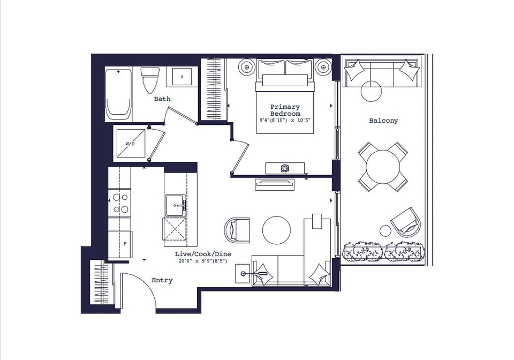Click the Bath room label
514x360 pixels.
point(162,99)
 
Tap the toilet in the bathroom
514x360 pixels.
point(150,80)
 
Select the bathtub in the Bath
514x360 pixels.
point(119,95)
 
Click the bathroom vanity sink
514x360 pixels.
point(182,77)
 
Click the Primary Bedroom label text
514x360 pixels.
point(285,110)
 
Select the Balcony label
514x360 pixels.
point(383,121)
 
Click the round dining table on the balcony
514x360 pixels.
point(383,167)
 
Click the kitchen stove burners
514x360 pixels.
point(120,203)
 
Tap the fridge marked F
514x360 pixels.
point(120,244)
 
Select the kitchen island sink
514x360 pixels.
point(176,205)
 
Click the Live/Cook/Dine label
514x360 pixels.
point(203,254)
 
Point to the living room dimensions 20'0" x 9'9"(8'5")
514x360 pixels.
point(203,261)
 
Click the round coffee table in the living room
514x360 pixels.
point(276,230)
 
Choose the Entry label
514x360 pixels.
point(162,280)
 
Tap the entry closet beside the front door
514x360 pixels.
point(103,282)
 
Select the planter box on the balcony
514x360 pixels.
point(384,251)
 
